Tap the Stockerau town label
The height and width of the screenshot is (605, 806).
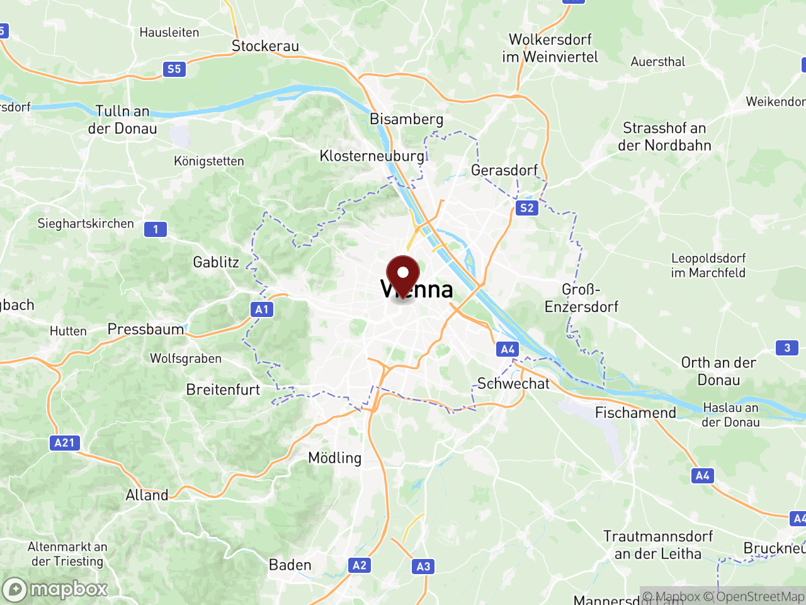[265, 46]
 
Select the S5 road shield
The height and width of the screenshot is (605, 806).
[174, 69]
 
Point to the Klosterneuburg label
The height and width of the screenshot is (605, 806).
[372, 156]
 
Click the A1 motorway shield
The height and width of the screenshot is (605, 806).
[262, 309]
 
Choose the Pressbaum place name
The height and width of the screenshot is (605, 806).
[145, 329]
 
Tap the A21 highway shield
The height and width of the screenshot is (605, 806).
[64, 443]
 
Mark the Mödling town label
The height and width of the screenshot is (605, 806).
[334, 458]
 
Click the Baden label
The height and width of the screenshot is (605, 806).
[290, 565]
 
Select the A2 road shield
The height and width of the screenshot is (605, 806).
[360, 565]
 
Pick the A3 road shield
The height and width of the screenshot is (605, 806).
[423, 567]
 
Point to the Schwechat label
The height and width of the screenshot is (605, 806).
[513, 383]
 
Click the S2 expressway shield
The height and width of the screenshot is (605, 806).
[527, 208]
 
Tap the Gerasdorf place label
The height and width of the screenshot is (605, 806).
[504, 170]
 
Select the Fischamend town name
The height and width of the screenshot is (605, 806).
[635, 413]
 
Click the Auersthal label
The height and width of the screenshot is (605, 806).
[658, 62]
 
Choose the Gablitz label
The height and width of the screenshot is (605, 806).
[216, 262]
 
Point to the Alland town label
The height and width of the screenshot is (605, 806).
[147, 495]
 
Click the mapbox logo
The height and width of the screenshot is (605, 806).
[55, 589]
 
